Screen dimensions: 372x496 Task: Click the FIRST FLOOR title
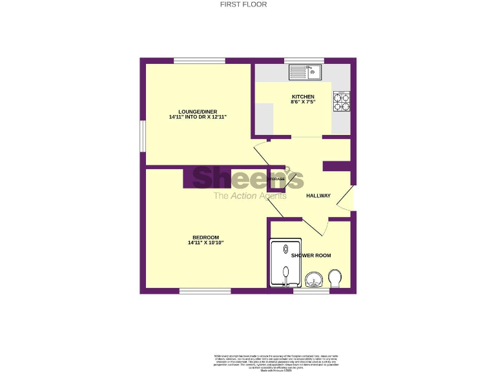pyautogui.click(x=243, y=5)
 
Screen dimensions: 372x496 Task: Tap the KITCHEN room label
pyautogui.click(x=302, y=97)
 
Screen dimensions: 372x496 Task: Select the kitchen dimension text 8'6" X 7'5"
pyautogui.click(x=302, y=103)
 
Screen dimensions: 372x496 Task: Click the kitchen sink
pyautogui.click(x=305, y=72)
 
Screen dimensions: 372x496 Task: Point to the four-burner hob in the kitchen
pyautogui.click(x=342, y=102)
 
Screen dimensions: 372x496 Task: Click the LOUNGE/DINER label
pyautogui.click(x=197, y=112)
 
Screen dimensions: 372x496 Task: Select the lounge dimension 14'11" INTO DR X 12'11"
pyautogui.click(x=197, y=118)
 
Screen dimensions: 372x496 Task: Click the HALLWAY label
pyautogui.click(x=318, y=196)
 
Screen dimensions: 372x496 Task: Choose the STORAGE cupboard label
pyautogui.click(x=276, y=178)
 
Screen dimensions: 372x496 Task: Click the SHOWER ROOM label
pyautogui.click(x=311, y=256)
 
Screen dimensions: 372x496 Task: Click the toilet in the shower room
pyautogui.click(x=336, y=279)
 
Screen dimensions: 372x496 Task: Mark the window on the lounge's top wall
pyautogui.click(x=199, y=61)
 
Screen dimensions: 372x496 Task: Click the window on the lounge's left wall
pyautogui.click(x=143, y=139)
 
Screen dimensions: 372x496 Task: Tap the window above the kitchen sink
pyautogui.click(x=304, y=61)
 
